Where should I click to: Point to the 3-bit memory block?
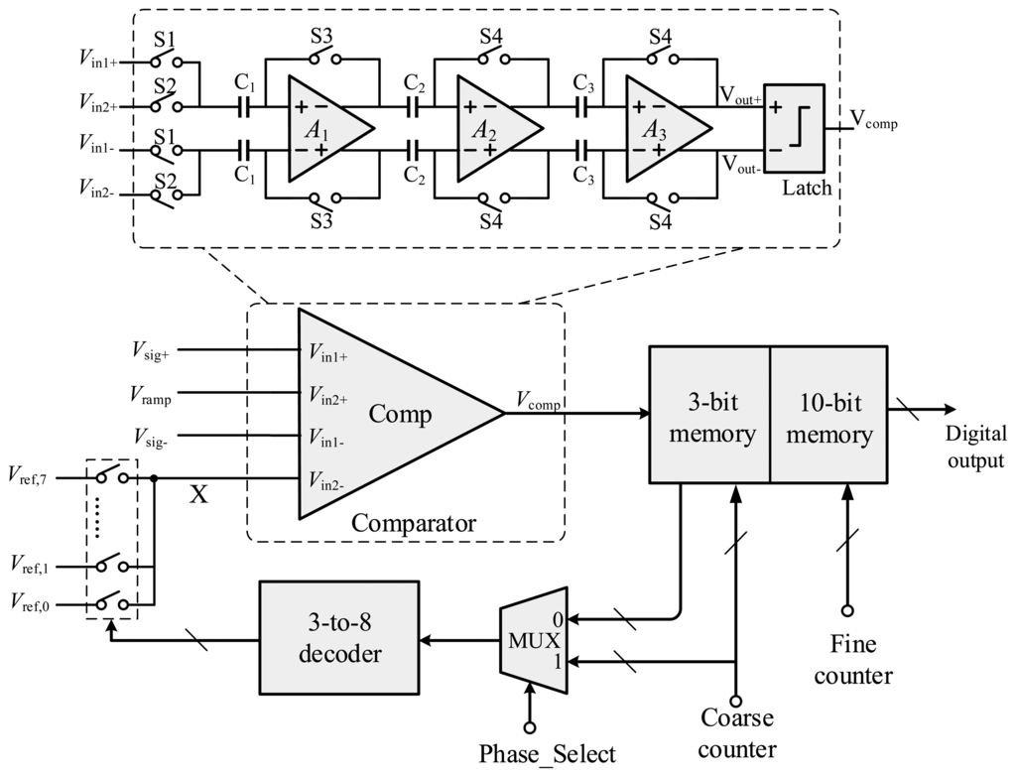tap(708, 416)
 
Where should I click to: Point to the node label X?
tap(199, 494)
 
